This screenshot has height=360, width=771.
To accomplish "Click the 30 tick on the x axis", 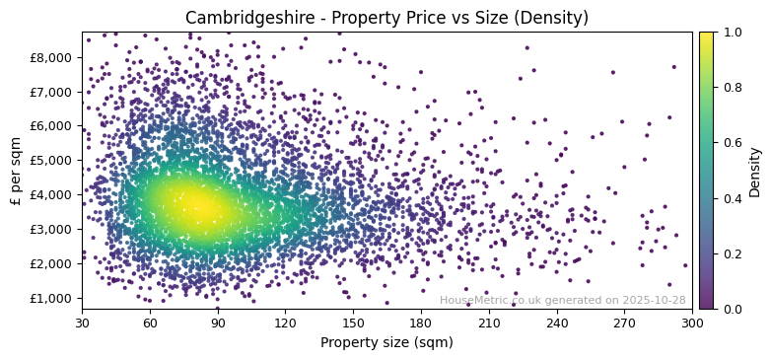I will tap(82, 322).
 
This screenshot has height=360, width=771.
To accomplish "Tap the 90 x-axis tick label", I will tap(218, 322).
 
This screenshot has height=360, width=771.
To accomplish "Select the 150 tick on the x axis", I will tap(353, 322).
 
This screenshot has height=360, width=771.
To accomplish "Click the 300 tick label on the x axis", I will tap(692, 322).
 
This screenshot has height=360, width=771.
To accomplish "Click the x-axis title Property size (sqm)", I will tap(386, 342).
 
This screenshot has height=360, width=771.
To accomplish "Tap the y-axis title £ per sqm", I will tap(16, 171).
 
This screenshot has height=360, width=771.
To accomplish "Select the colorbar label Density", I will tap(755, 171).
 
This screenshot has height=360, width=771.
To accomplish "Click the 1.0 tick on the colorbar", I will tap(731, 33).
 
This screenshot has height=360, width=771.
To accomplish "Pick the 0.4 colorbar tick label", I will tap(731, 198).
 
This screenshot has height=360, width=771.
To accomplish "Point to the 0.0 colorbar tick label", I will tap(731, 309).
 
